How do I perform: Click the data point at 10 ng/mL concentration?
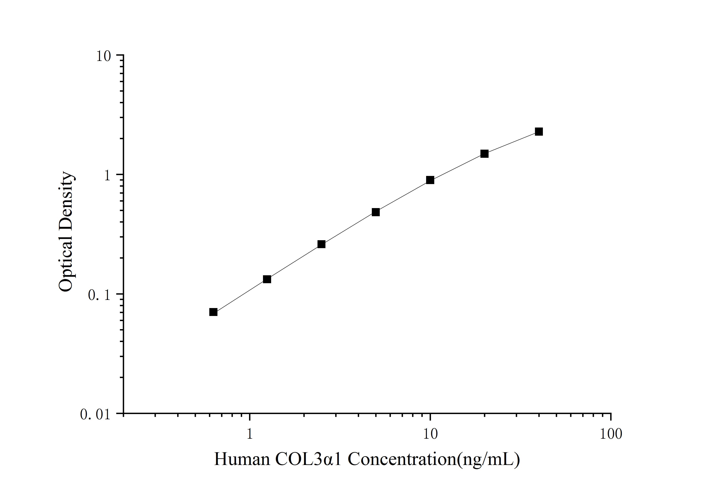(430, 180)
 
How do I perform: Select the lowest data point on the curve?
(213, 312)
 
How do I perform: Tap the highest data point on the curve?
(539, 132)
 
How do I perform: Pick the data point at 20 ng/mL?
(484, 154)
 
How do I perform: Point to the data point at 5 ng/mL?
(376, 212)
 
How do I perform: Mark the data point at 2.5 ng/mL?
(321, 244)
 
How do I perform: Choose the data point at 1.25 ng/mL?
(267, 279)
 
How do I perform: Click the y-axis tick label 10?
(103, 56)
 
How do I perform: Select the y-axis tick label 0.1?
(99, 295)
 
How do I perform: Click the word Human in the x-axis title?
(242, 459)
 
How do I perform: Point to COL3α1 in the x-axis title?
(308, 459)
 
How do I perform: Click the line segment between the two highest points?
(511, 143)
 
